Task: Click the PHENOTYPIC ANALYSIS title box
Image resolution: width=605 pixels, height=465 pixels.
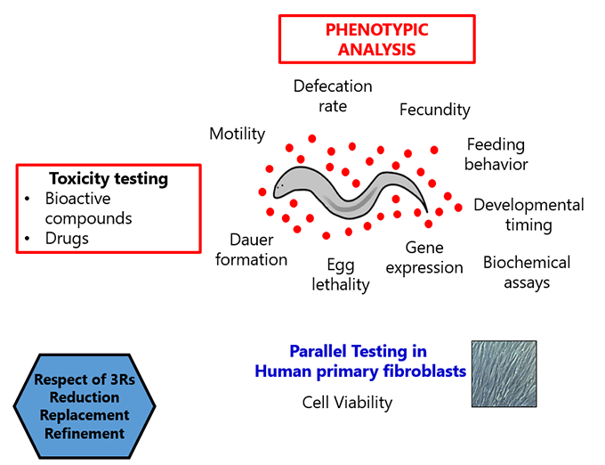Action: coord(377,39)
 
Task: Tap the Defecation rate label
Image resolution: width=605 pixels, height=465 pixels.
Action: coord(333,96)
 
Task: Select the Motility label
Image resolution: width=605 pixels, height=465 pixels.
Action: coord(237,134)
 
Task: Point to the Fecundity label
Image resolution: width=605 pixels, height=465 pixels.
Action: coord(434,110)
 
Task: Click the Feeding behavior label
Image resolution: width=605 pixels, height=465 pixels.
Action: coord(496,154)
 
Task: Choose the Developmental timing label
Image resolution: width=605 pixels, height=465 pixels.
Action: coord(528,215)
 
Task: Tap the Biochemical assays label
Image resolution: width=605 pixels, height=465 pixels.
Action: coord(527,273)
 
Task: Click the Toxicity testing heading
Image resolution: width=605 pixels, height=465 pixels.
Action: coord(108,179)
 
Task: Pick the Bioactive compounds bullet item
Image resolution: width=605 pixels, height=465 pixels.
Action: coord(88,208)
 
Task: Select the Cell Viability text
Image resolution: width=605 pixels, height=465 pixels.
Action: coord(347,403)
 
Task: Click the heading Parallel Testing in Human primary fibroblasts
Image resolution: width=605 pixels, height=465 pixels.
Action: coord(360,362)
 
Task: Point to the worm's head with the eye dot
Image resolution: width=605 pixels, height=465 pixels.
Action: coord(282,185)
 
